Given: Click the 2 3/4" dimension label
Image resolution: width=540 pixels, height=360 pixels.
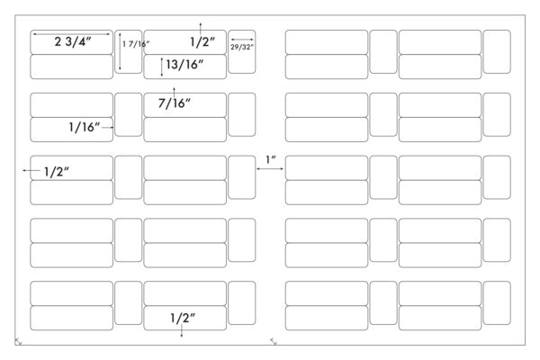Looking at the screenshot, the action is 73,41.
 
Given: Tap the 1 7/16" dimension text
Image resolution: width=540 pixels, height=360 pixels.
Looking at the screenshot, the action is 136,44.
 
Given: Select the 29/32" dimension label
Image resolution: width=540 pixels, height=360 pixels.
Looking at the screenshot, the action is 242,47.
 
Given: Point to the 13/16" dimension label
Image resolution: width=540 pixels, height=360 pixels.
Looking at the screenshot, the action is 184,65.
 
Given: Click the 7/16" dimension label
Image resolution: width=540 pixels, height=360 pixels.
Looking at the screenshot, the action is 175,103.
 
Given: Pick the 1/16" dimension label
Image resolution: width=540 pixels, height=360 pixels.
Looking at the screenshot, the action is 85,127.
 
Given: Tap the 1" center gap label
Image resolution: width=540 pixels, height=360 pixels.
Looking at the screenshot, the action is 271,160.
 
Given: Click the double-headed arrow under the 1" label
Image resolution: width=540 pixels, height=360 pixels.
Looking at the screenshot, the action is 270,169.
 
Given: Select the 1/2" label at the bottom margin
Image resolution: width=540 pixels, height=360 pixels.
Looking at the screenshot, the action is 183,318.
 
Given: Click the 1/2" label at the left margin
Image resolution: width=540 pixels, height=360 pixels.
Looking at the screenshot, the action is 57,172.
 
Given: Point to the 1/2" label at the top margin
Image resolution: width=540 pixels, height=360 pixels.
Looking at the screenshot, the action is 202,42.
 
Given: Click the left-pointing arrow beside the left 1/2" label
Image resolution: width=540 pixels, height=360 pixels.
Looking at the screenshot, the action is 31,170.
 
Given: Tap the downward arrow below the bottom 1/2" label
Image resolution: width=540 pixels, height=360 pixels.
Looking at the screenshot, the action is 182,330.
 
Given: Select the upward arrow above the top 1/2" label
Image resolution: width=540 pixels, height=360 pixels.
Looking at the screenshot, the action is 201,28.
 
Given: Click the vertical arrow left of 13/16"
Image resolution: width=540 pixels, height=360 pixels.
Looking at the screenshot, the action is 162,67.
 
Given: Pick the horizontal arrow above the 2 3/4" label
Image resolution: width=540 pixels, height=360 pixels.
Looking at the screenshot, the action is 72,34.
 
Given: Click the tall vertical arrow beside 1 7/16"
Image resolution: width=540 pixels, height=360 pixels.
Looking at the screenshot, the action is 120,51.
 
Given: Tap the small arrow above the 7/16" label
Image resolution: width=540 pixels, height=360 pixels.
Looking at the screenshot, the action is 175,92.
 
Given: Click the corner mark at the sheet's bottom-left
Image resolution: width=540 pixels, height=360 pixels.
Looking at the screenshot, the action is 18,342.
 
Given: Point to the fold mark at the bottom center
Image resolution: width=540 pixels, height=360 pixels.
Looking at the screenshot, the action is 274,342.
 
